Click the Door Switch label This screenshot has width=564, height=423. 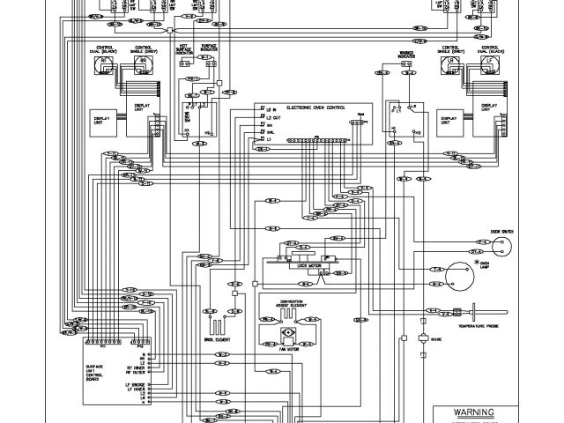501,234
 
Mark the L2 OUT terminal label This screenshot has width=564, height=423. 274,117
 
